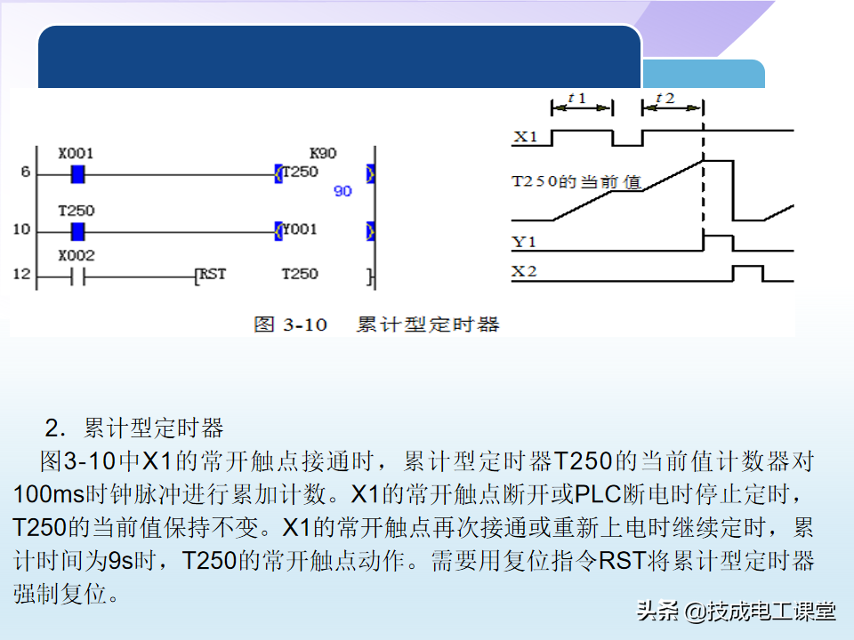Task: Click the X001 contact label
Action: [x=76, y=153]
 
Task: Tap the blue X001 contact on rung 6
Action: [x=77, y=173]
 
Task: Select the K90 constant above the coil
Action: [x=322, y=153]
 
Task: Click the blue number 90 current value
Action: [x=342, y=191]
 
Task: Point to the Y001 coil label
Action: [x=300, y=230]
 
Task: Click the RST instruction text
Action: [x=213, y=274]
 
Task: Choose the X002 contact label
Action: [x=76, y=255]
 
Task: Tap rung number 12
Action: [x=20, y=275]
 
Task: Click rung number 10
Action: [x=20, y=230]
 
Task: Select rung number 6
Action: [x=26, y=172]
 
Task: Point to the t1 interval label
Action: [x=577, y=98]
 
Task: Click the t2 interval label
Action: [x=665, y=98]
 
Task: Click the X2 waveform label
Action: [x=525, y=271]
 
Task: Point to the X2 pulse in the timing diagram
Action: [x=748, y=273]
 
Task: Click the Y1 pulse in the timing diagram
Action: [x=718, y=242]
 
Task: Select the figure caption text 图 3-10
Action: [x=291, y=324]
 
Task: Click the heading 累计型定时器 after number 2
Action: [x=153, y=428]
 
